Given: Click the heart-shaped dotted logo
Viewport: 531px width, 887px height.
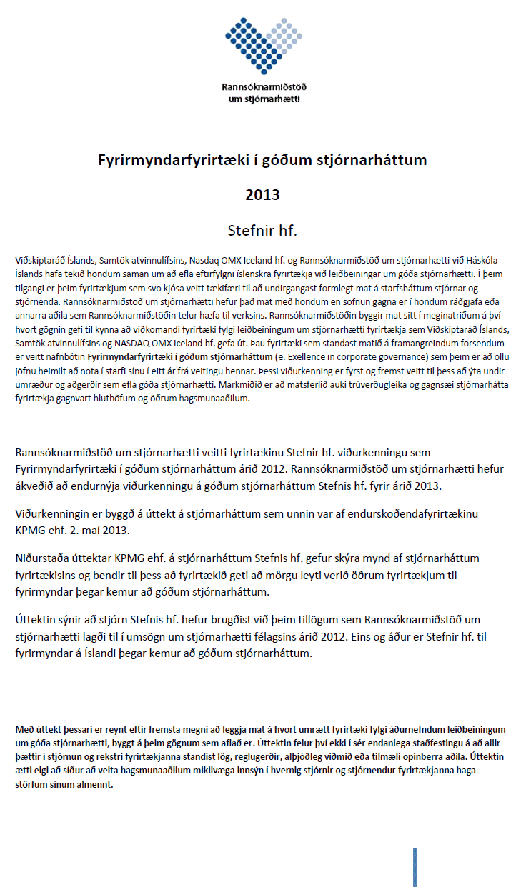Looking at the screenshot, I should click(x=264, y=42).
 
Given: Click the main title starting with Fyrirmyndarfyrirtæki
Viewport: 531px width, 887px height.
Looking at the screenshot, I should click(x=262, y=160).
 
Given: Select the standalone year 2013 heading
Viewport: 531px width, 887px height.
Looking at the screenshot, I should click(x=262, y=195).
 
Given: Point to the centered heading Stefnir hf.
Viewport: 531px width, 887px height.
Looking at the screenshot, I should click(x=262, y=230).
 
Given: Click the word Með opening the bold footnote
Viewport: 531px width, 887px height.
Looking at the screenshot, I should click(x=24, y=729).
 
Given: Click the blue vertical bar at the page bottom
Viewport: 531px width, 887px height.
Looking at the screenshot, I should click(x=415, y=866).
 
